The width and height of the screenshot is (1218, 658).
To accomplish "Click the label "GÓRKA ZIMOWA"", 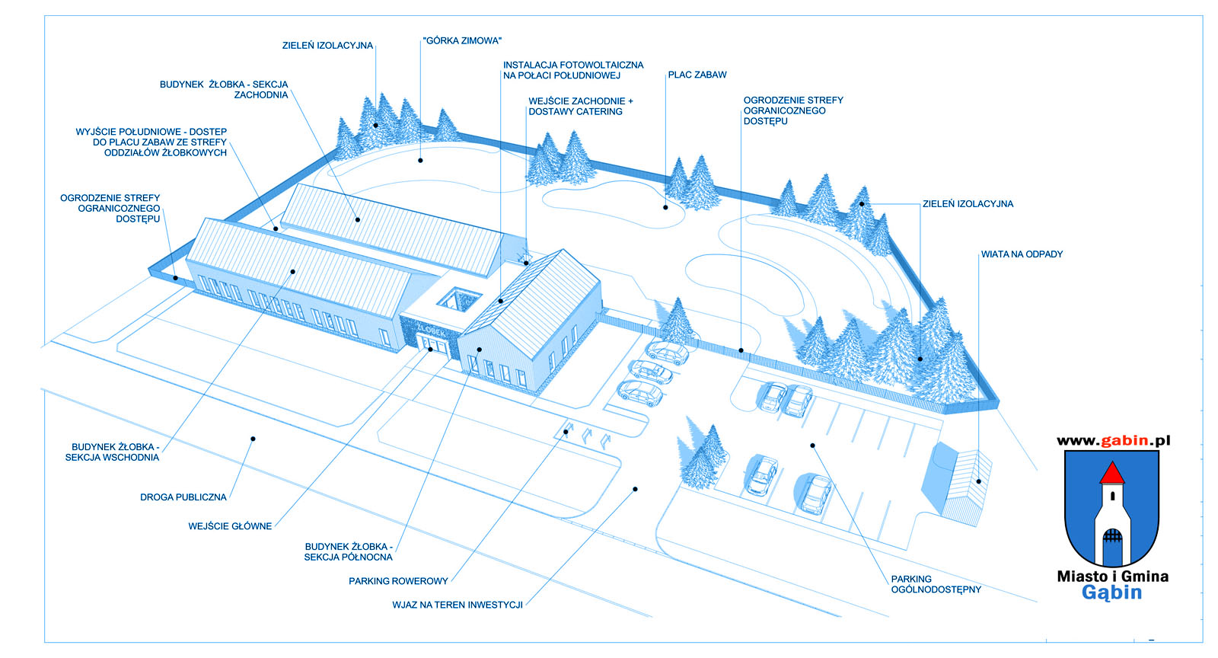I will (463, 41).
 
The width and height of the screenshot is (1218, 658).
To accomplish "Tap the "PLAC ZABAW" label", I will (697, 75).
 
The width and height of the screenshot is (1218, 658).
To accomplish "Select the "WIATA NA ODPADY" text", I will (1022, 254).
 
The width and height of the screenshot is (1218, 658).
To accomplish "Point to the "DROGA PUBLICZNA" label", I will (183, 497).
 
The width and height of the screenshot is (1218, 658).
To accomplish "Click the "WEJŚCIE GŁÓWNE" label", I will (230, 526).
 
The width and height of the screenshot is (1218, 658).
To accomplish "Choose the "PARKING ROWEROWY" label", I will (398, 581).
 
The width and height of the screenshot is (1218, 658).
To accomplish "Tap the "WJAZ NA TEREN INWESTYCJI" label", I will (458, 605).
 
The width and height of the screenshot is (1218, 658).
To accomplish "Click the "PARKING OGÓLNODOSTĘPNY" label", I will (936, 584).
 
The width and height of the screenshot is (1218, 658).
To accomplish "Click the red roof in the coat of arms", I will (1112, 474).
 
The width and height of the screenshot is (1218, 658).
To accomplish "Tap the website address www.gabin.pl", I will (1113, 440).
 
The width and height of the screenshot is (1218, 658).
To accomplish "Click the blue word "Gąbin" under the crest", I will (1112, 593).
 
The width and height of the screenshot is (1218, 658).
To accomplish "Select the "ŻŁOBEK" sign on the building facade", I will (432, 331).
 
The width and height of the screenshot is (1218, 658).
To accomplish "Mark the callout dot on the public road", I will (253, 439).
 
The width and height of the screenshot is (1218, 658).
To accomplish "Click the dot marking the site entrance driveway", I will (635, 489).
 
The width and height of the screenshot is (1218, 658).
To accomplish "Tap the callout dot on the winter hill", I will (420, 161).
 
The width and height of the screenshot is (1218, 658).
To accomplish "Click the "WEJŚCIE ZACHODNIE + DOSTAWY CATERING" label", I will (581, 106).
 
